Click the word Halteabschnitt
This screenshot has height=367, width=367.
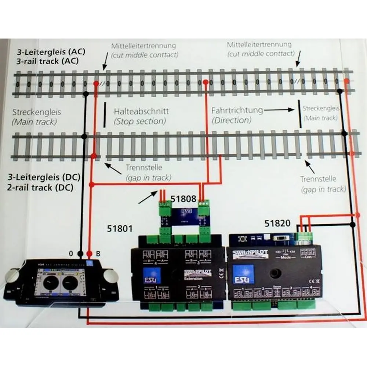pos(141,111)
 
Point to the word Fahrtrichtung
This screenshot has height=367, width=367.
pos(237,110)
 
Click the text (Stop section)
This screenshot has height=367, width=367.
pos(140,121)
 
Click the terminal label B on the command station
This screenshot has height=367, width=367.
pos(98,254)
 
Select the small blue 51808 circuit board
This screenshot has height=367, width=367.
pos(183,215)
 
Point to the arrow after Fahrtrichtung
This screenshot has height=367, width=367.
pos(278,110)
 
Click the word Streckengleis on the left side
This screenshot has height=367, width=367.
pos(37,112)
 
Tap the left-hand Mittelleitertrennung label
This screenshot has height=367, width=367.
pos(144,46)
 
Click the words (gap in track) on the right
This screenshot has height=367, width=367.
pos(323,189)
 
